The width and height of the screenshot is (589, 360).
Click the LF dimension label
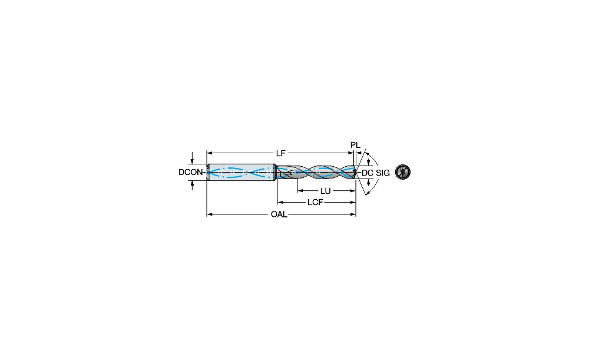[280, 153]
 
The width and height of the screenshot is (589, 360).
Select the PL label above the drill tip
[355, 145]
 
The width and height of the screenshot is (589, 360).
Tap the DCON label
[190, 173]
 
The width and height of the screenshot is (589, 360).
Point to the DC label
[368, 173]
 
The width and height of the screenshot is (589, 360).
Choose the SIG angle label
[383, 173]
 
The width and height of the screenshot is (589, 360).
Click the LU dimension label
[325, 191]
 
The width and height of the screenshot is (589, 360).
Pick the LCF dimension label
[315, 203]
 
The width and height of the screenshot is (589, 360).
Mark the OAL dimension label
[279, 214]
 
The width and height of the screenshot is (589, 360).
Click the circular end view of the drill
[403, 172]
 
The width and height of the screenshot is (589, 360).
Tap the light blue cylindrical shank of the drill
[241, 173]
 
